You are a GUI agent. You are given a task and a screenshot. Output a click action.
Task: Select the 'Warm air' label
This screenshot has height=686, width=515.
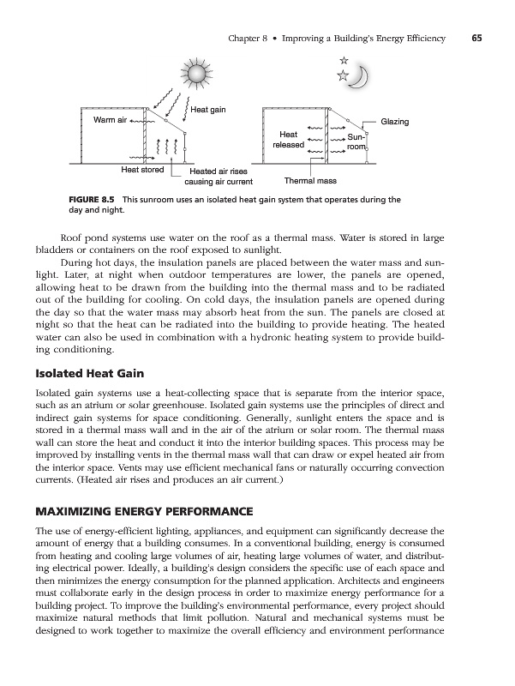110,119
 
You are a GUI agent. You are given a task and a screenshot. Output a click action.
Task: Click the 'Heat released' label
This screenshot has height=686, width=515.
288,140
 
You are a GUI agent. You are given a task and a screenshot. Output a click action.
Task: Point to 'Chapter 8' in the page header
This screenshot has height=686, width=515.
252,37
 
